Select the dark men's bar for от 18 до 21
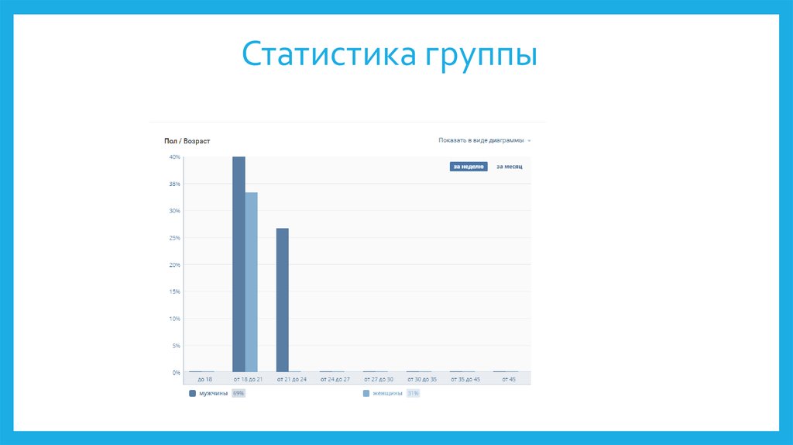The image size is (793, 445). coord(239,264)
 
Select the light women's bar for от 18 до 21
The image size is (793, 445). coord(252,282)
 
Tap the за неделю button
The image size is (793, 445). coord(469,166)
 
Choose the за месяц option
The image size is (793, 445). coord(509,166)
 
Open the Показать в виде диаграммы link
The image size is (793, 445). coord(481,140)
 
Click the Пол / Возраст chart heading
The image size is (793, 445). coord(187,141)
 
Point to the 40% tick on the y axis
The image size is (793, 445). coord(174,157)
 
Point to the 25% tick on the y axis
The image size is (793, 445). coord(174,238)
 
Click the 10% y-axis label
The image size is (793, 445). coord(174,319)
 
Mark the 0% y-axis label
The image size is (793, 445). coord(176,373)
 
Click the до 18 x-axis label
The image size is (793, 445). coord(204,379)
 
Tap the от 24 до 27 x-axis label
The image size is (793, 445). coord(335,379)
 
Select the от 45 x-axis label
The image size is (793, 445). coord(508,379)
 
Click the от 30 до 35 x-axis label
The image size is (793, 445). coord(421,379)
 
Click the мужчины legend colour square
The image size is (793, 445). coord(193,394)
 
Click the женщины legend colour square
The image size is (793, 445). coord(366,394)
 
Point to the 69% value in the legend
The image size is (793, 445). coord(239,394)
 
